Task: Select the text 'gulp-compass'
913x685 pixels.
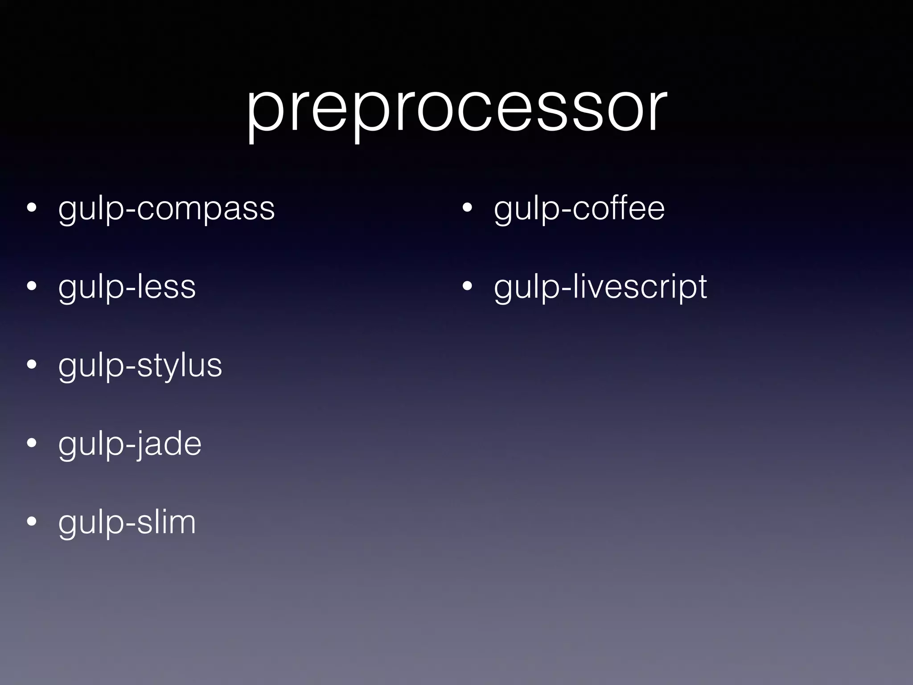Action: point(166,209)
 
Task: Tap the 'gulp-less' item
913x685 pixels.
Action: point(127,287)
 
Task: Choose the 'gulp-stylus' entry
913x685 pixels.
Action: point(140,366)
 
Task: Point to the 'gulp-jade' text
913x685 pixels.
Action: point(130,444)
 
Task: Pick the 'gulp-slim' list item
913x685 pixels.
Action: point(127,523)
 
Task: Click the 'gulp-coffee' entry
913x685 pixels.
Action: point(579,209)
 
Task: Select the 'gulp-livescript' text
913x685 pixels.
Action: point(600,287)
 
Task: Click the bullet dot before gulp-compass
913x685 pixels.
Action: point(31,209)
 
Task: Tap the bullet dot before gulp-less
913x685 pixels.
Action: point(31,287)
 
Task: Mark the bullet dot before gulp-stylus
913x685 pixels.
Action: point(31,366)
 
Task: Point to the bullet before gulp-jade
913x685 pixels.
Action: point(31,444)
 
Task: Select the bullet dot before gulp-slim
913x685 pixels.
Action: point(31,523)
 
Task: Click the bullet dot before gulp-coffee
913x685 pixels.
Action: point(467,209)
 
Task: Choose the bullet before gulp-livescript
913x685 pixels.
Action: point(467,287)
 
